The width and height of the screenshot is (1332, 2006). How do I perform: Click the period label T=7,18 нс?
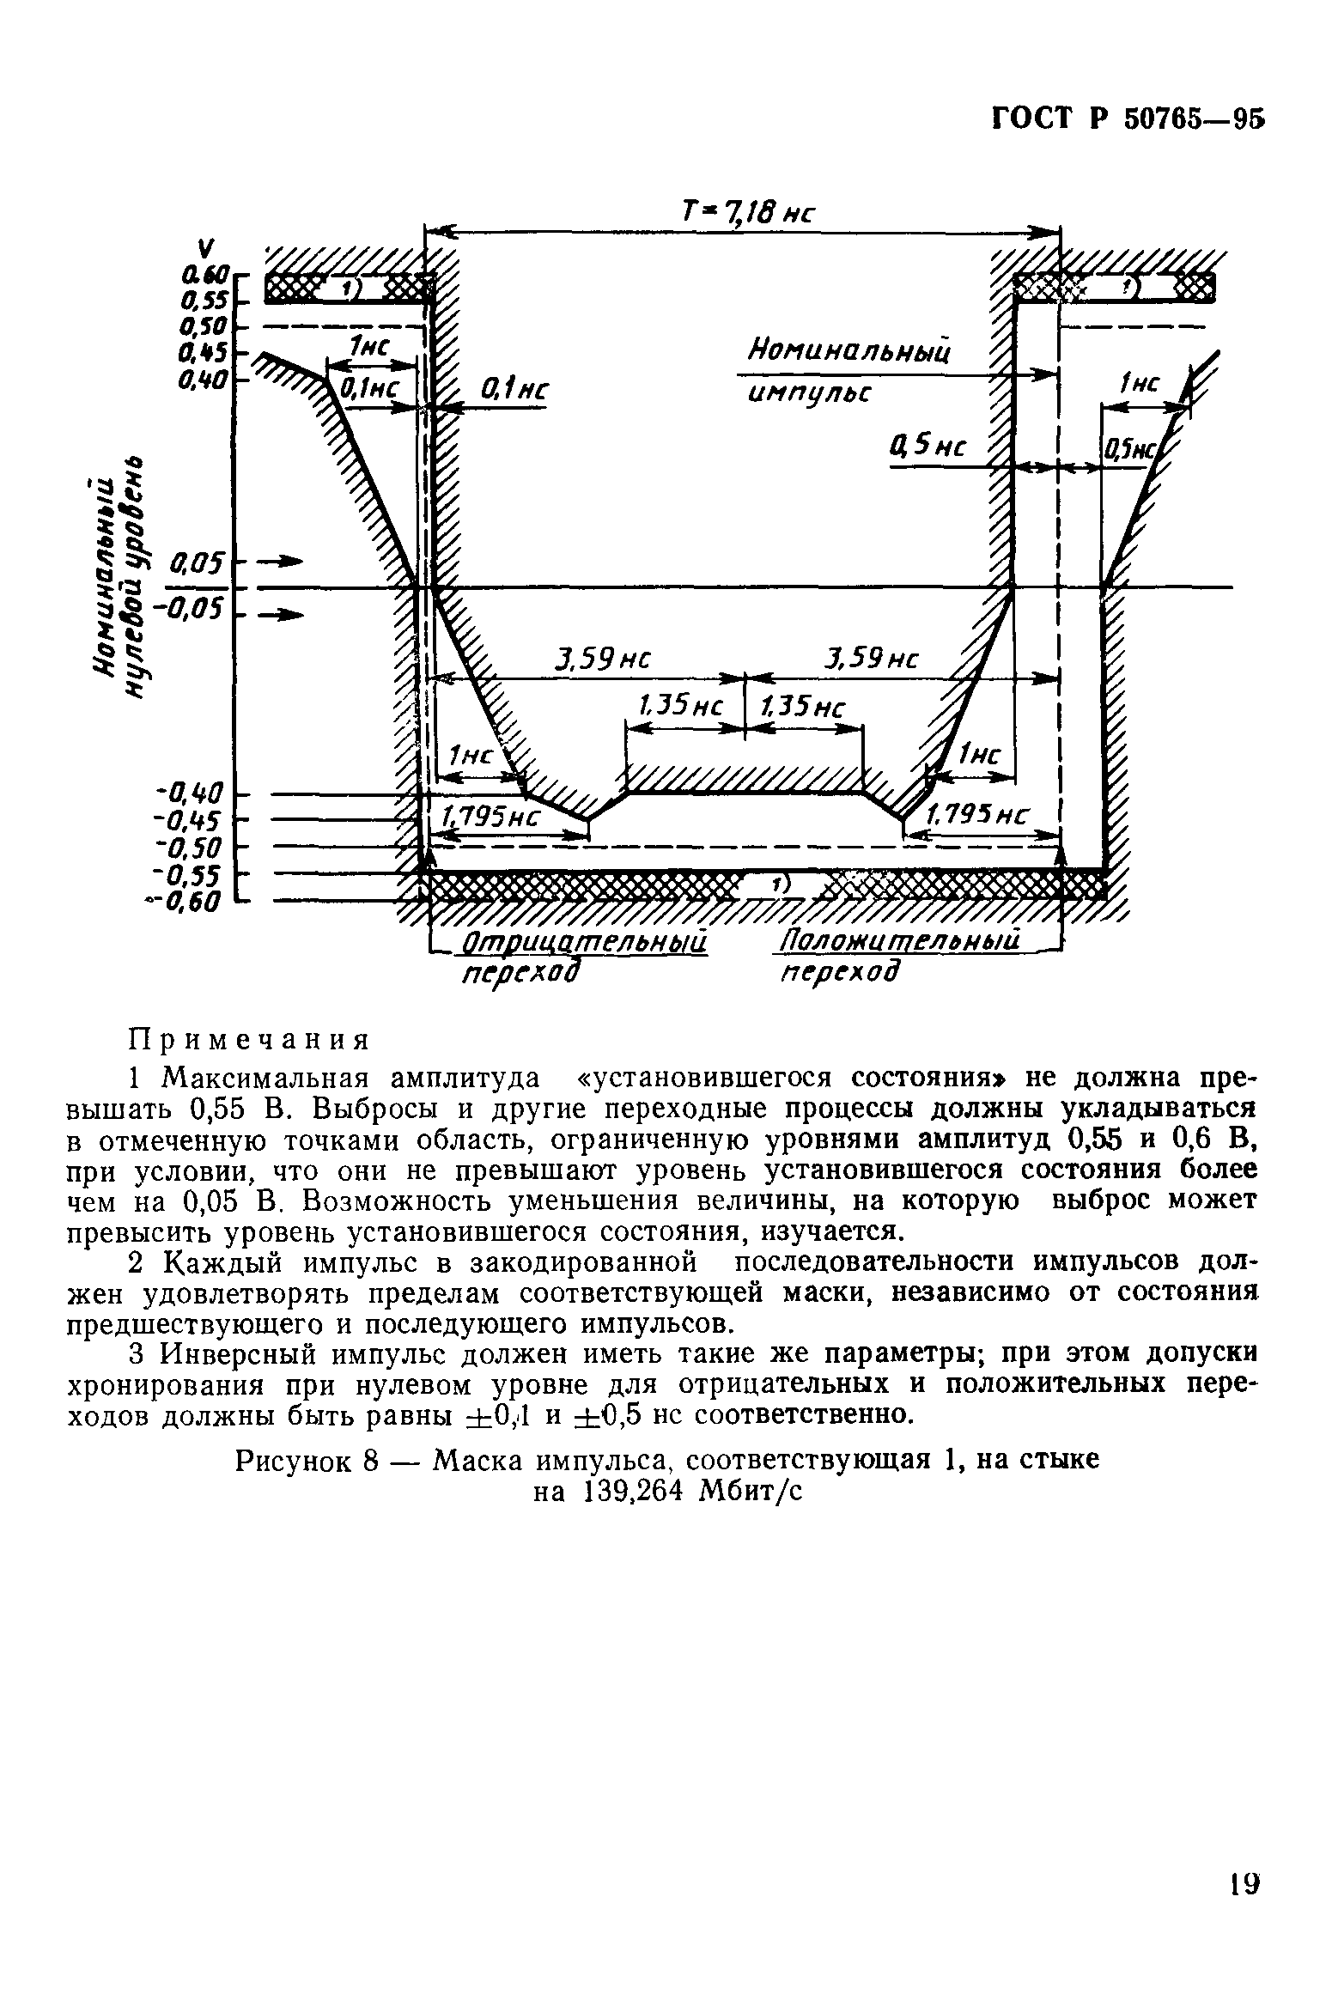click(x=745, y=210)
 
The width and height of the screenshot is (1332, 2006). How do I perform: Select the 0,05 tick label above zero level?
click(x=198, y=564)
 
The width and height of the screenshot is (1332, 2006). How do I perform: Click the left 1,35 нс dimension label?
click(x=678, y=707)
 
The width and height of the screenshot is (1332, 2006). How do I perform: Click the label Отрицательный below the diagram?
click(x=584, y=943)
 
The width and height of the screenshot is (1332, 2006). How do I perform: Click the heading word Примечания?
click(x=248, y=1040)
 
